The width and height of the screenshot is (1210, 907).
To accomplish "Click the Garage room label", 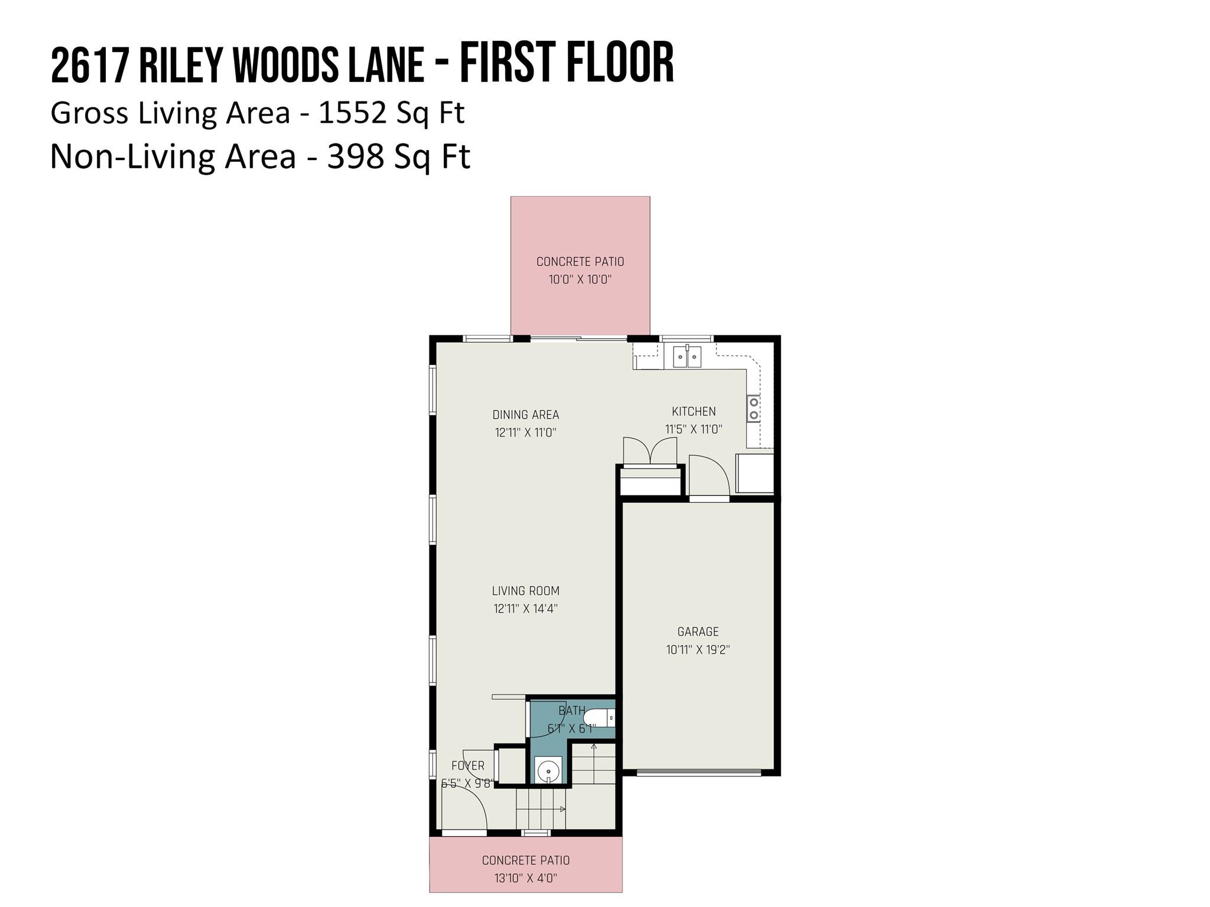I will point(698,632).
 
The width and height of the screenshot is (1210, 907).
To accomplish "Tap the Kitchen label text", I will point(694,412).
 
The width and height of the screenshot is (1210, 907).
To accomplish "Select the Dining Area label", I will point(525,415).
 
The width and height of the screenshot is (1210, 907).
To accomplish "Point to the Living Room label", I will point(525,590).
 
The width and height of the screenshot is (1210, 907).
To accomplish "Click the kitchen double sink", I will point(687,357).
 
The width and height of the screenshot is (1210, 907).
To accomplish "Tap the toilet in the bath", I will point(600,719).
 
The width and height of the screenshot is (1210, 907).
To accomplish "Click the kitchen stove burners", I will point(753,408).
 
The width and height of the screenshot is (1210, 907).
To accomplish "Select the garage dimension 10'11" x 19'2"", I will point(698,650).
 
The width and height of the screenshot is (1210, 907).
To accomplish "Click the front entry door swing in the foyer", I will point(465,809).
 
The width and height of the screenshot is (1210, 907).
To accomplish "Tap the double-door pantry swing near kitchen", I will point(650,450).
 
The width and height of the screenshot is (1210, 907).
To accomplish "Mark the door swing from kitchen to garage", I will point(709,475).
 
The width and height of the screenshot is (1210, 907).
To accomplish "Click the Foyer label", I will point(467,766).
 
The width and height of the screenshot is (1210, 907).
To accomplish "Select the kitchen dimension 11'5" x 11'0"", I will point(694,429).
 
